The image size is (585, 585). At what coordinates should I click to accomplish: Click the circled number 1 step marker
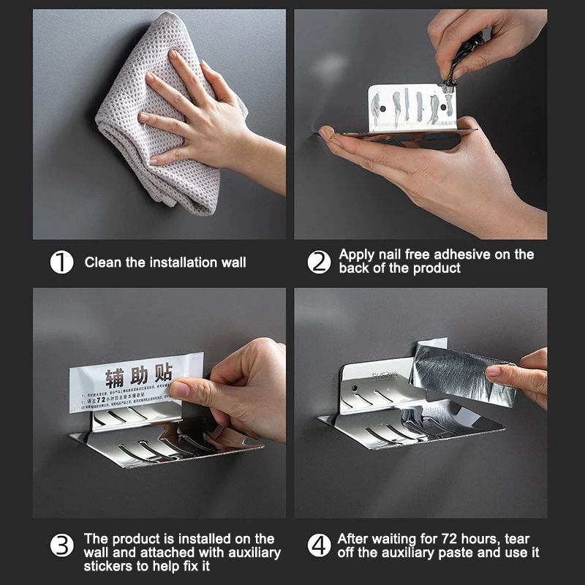61,262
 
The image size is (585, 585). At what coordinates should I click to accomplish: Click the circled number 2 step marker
319,262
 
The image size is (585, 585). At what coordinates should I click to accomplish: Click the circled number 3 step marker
61,546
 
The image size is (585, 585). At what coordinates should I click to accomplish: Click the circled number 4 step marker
319,546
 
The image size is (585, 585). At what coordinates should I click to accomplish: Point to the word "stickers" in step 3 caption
108,566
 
